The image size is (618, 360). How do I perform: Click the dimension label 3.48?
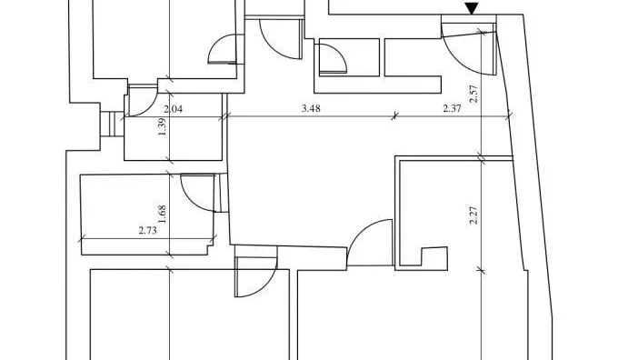tap(311, 108)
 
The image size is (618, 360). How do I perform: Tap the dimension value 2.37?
tap(452, 108)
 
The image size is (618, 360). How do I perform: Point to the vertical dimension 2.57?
tap(473, 94)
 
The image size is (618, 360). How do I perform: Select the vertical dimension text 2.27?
tap(473, 215)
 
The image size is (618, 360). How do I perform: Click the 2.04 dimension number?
tap(173, 109)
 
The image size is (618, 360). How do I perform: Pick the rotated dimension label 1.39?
tap(162, 127)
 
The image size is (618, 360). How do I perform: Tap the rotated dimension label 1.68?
tap(162, 215)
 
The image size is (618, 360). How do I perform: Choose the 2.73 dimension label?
tap(148, 230)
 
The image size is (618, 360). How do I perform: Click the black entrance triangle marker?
tap(472, 8)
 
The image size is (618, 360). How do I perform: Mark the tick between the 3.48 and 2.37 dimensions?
tap(394, 116)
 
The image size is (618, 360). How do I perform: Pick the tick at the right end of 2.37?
tap(509, 116)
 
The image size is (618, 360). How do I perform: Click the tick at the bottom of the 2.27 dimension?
tap(481, 270)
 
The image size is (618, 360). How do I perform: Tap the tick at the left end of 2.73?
tap(82, 238)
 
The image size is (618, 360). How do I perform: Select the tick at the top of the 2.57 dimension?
tap(481, 31)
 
